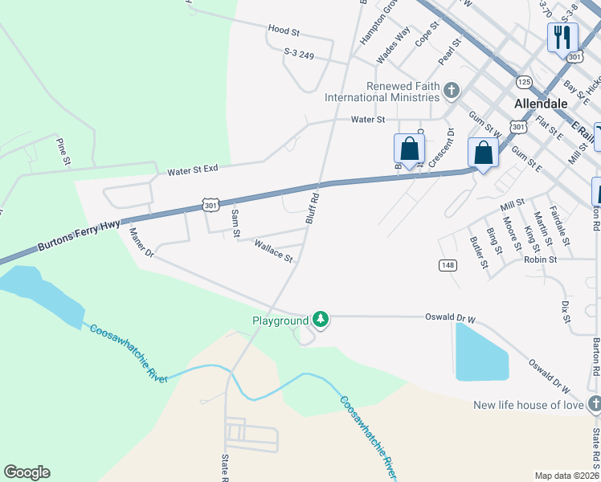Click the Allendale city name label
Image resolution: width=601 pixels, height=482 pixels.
tap(541, 104)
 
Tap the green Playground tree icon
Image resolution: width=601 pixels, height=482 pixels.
tap(321, 320)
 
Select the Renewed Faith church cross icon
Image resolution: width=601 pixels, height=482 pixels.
tap(452, 90)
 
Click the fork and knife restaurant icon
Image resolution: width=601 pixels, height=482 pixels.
tap(562, 36)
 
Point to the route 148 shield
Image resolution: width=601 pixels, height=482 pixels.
tap(447, 264)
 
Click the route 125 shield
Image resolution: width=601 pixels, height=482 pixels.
tap(524, 82)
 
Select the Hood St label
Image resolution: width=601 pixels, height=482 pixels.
tap(284, 31)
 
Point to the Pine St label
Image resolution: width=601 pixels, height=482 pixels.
tap(62, 151)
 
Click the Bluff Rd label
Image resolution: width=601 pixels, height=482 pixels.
tap(314, 208)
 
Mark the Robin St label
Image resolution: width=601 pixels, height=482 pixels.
tap(540, 260)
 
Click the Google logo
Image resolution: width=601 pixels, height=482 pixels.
tap(27, 472)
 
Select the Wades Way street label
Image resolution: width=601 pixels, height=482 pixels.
tap(394, 45)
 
